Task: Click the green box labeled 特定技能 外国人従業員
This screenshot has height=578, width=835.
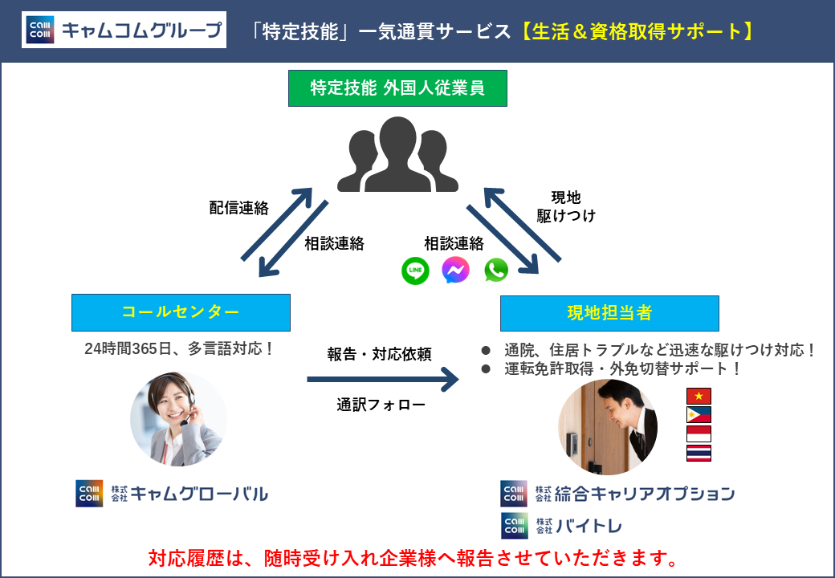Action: click(x=397, y=88)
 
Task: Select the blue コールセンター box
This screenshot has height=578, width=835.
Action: click(x=181, y=312)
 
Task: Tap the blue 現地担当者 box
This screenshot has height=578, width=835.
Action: click(x=609, y=313)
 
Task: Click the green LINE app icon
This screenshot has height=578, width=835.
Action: click(x=415, y=271)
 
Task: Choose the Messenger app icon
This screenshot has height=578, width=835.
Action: click(x=455, y=271)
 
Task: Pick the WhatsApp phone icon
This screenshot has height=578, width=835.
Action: click(x=496, y=271)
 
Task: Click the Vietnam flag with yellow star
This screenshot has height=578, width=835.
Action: click(x=699, y=396)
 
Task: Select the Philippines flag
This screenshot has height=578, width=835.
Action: click(x=699, y=415)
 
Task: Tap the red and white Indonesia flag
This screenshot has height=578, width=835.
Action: click(x=699, y=434)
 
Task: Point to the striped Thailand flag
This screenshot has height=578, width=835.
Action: click(x=699, y=454)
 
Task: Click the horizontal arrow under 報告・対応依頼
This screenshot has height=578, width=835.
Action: click(x=382, y=379)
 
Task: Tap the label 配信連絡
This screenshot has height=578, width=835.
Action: click(x=238, y=208)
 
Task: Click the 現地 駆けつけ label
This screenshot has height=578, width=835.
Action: click(x=565, y=206)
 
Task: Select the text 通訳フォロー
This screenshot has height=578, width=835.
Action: click(x=381, y=405)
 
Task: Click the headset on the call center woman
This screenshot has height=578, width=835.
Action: click(x=187, y=414)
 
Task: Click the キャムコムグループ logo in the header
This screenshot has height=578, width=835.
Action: click(x=124, y=31)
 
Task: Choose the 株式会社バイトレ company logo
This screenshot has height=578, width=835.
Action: click(x=561, y=527)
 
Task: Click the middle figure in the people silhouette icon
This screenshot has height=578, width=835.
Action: click(x=397, y=153)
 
